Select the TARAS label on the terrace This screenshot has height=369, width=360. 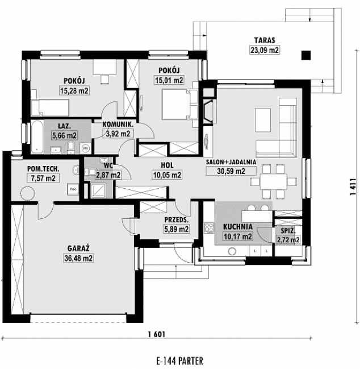click(264, 41)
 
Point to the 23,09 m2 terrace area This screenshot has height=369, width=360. click(264, 49)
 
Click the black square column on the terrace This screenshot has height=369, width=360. click(306, 55)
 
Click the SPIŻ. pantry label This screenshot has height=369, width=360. click(287, 231)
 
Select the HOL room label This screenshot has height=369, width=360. click(168, 166)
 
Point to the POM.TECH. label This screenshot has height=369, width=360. click(43, 169)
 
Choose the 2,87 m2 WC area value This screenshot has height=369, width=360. click(107, 175)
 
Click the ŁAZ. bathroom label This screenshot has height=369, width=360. click(64, 127)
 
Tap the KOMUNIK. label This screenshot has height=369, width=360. click(118, 125)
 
